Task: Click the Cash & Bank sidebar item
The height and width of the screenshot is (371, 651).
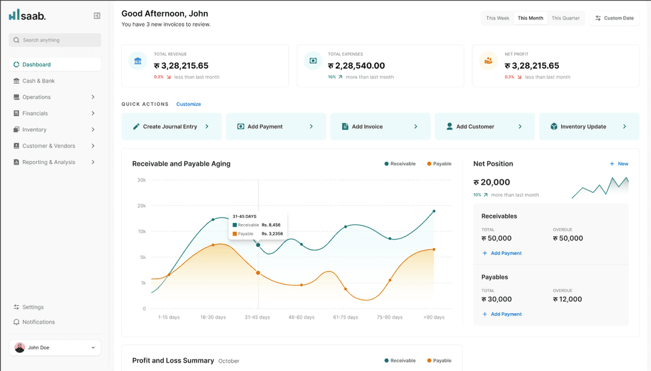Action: click(38, 81)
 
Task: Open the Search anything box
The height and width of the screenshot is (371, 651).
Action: click(55, 40)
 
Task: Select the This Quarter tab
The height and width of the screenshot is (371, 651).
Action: click(565, 18)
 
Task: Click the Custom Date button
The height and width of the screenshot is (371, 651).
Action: click(614, 18)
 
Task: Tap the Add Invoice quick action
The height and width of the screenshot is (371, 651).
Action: click(380, 126)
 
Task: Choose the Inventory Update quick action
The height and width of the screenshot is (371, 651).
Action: click(588, 126)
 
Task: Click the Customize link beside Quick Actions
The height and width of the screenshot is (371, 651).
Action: click(189, 104)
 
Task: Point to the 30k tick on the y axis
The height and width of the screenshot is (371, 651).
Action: click(141, 180)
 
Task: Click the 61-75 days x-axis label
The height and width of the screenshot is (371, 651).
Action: click(345, 317)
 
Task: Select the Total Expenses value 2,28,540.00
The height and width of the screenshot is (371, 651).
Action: click(360, 66)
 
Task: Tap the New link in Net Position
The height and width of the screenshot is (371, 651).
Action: click(619, 164)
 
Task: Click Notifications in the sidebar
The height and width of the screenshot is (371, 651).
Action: click(38, 322)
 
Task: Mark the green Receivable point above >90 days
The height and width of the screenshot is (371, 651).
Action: click(433, 211)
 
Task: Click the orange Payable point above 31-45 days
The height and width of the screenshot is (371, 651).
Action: click(258, 273)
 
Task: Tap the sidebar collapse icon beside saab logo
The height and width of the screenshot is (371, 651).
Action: click(97, 16)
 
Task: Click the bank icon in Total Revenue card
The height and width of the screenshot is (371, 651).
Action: click(138, 61)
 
